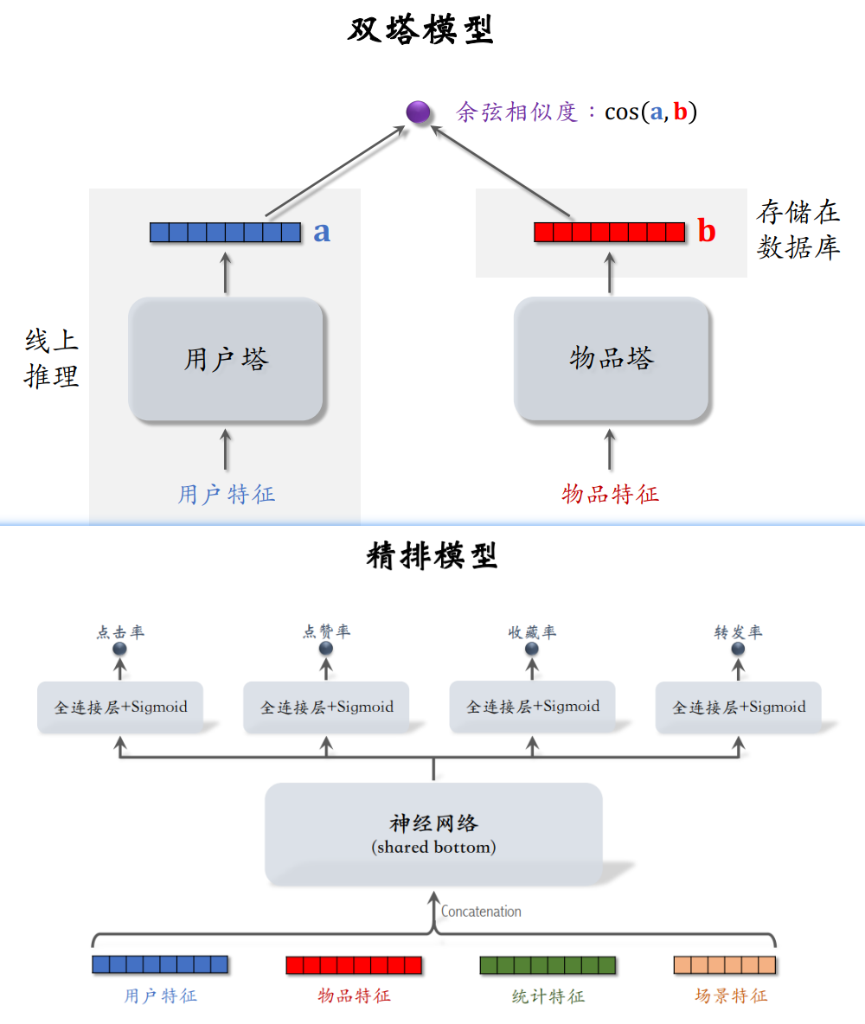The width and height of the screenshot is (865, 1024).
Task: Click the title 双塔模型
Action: (x=421, y=31)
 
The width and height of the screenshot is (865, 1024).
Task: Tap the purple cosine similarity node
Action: (x=419, y=112)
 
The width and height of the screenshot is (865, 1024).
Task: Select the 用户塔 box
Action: (x=226, y=360)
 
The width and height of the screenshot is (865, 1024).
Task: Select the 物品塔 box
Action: (x=612, y=360)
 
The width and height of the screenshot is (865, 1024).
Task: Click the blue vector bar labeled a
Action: (x=225, y=232)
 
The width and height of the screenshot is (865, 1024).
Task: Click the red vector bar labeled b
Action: (x=610, y=232)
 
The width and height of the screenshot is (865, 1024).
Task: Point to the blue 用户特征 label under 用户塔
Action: (x=227, y=495)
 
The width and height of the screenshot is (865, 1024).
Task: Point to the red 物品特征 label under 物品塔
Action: (x=611, y=495)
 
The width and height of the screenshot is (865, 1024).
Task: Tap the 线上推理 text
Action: (x=52, y=359)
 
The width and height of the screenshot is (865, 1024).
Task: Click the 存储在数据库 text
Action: (x=798, y=230)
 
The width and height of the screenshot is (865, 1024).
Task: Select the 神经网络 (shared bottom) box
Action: (x=433, y=834)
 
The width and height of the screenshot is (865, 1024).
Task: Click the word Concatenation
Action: (x=481, y=912)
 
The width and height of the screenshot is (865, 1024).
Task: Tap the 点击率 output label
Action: (x=120, y=632)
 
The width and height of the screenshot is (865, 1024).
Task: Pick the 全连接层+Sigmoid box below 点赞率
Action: (x=327, y=707)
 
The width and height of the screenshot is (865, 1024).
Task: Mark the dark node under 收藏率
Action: (x=532, y=649)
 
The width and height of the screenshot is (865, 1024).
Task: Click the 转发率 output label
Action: (x=738, y=632)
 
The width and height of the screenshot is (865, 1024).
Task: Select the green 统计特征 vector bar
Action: (x=548, y=964)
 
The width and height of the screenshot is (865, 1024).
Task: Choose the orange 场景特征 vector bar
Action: (x=724, y=964)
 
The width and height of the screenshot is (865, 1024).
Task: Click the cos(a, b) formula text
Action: (x=650, y=112)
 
